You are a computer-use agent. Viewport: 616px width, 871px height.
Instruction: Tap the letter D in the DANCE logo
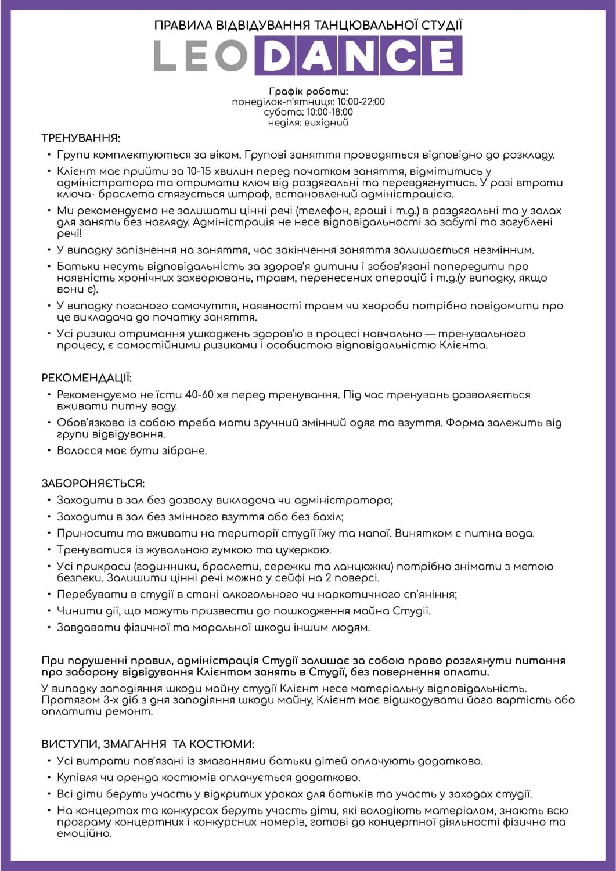coord(275,56)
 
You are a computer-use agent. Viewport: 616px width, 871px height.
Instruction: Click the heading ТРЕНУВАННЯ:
coord(81,138)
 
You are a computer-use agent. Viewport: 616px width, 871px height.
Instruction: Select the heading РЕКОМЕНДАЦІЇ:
coord(87,378)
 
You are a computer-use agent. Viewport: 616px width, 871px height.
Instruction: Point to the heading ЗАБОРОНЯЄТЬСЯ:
coord(93,484)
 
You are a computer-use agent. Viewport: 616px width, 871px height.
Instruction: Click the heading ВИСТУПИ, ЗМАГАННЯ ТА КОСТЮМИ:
coord(147,744)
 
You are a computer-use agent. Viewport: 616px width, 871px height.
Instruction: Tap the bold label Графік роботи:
coord(308,92)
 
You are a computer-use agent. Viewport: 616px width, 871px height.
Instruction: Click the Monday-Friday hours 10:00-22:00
coord(361,102)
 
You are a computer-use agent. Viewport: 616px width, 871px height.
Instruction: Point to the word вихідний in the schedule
coord(328,123)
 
